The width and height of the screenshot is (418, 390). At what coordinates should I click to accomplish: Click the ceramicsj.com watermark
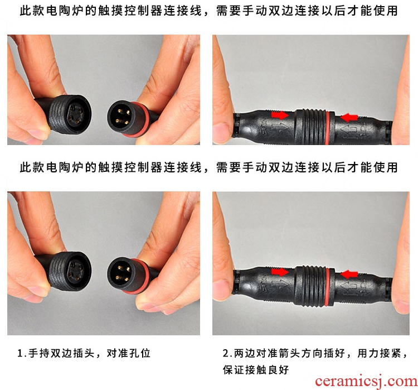366,381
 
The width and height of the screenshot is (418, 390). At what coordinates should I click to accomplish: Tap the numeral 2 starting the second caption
226,353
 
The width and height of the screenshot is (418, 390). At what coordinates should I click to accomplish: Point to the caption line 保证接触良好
256,370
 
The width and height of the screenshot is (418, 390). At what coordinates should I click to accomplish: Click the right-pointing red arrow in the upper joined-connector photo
280,115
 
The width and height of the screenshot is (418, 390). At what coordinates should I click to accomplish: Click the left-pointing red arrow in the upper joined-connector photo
349,118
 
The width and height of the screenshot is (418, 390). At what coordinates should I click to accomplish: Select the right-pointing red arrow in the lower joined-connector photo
280,272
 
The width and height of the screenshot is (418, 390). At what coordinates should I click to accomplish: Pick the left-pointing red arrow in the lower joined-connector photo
349,275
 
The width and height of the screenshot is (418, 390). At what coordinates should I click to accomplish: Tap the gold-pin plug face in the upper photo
121,117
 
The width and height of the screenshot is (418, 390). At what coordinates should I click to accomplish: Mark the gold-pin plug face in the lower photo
121,274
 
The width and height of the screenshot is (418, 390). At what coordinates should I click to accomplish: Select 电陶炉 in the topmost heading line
60,11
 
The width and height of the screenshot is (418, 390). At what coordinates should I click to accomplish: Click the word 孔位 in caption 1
140,353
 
